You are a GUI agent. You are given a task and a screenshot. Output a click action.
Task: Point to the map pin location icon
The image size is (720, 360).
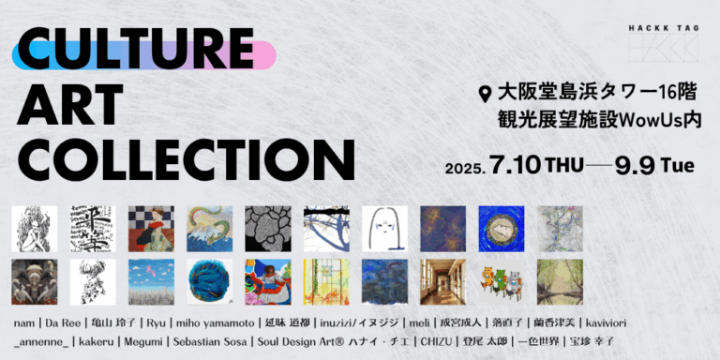pos(485,94)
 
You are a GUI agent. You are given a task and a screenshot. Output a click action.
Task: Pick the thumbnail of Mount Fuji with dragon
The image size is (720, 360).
pos(209,229)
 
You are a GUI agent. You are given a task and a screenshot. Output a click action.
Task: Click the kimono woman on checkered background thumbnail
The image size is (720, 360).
pos(151,229)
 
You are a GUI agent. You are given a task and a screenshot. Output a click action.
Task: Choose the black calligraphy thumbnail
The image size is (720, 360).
pos(93,229)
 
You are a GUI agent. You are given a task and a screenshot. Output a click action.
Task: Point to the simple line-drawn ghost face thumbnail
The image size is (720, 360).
pos(384,229)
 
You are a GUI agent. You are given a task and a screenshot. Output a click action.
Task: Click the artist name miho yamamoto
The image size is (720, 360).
pos(213,322)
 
